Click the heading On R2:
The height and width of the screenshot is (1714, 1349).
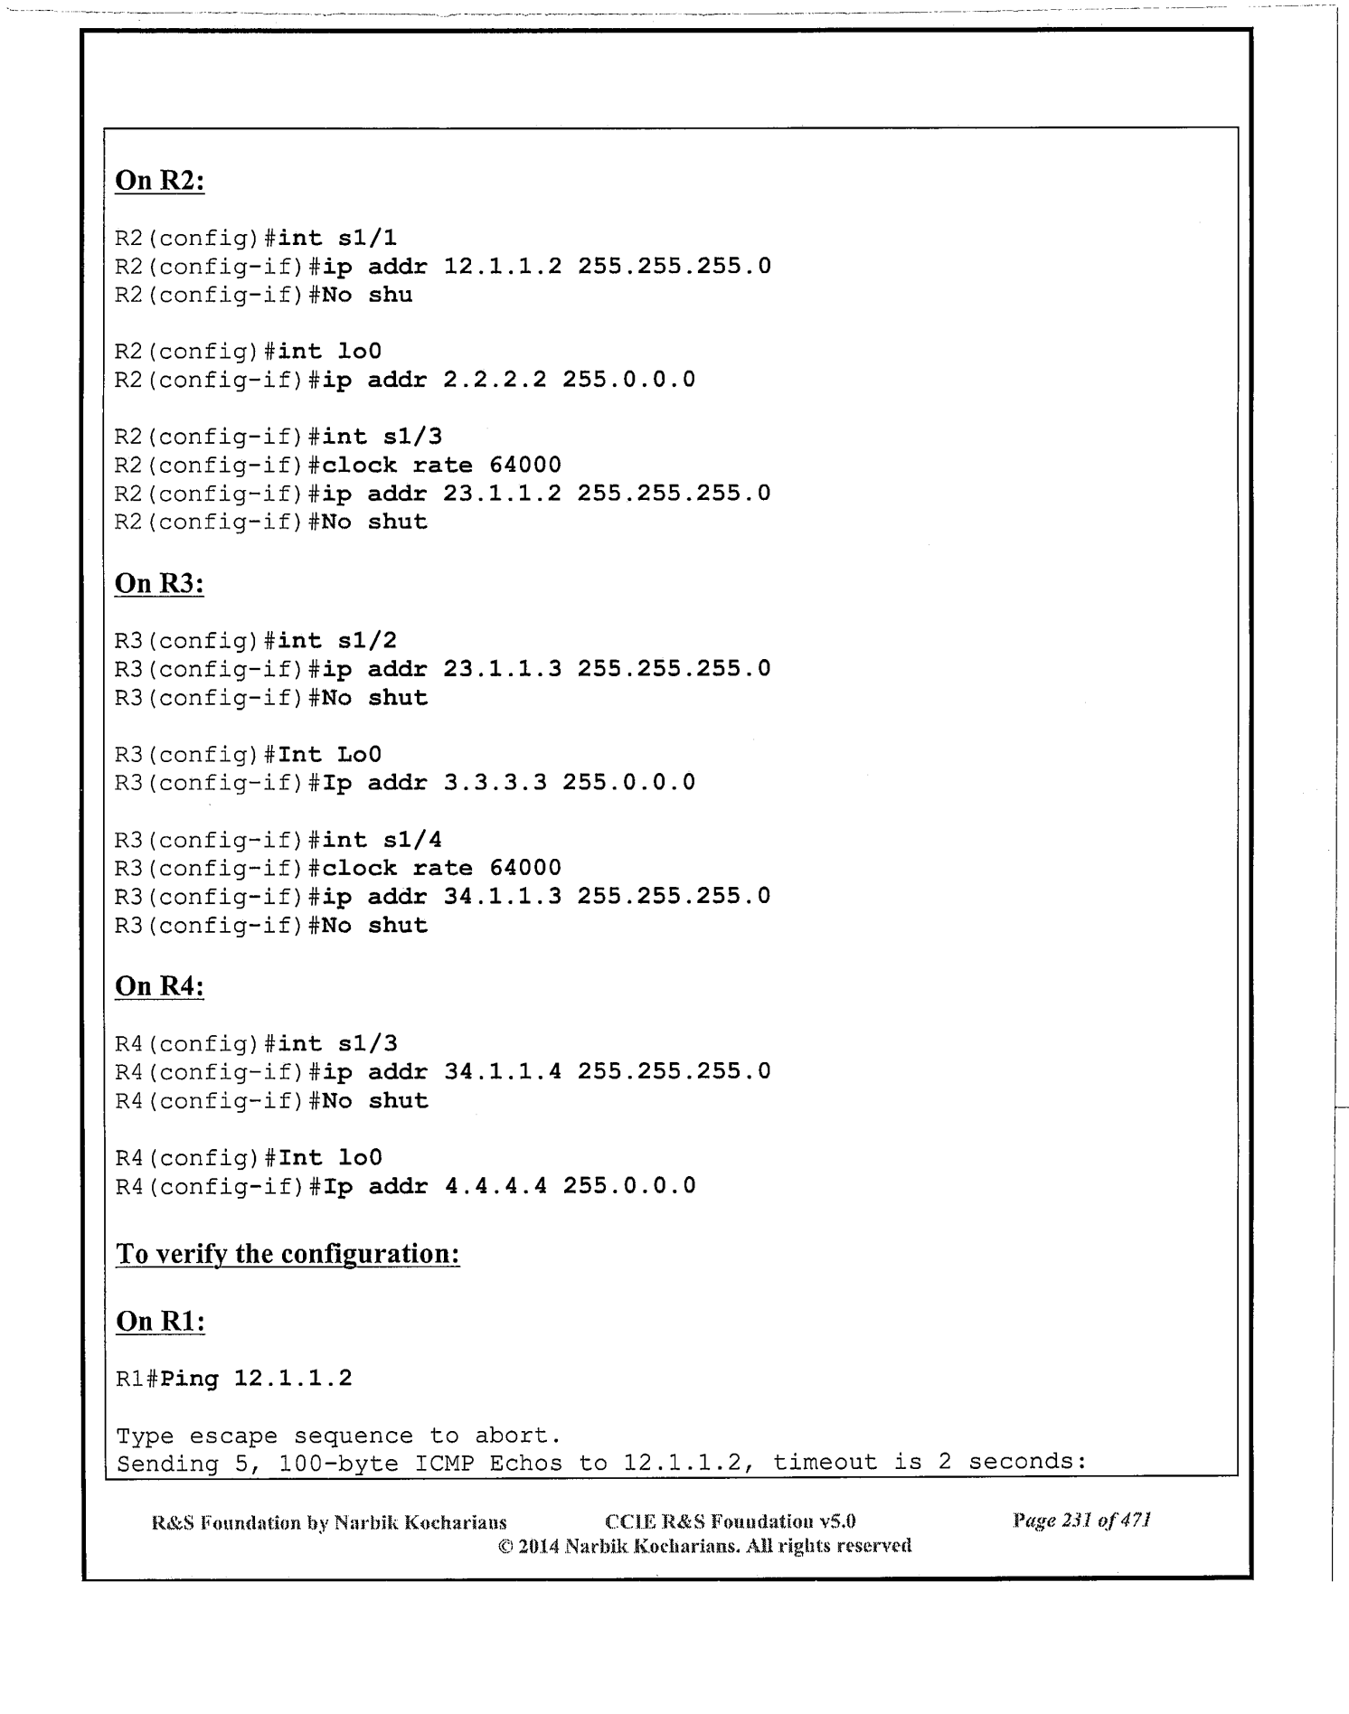(x=159, y=181)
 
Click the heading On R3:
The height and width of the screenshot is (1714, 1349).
(x=159, y=584)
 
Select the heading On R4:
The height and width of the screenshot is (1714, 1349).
(x=159, y=986)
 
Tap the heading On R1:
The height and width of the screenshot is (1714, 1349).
(x=160, y=1322)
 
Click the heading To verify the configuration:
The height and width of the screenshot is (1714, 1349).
(x=288, y=1255)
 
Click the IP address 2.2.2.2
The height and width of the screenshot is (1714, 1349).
(x=495, y=380)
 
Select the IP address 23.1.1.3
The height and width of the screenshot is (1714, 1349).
(x=502, y=669)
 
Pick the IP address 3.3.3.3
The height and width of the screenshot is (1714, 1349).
(x=495, y=783)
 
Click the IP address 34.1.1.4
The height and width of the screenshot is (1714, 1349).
(x=502, y=1072)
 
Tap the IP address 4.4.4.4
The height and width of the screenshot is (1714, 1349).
(x=495, y=1186)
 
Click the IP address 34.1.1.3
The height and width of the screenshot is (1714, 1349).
(x=502, y=897)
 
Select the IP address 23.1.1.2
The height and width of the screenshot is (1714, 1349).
(x=502, y=494)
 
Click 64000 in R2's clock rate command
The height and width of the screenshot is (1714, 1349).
(x=525, y=466)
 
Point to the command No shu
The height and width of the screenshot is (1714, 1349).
(x=367, y=295)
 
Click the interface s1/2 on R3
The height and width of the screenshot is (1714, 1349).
(x=367, y=641)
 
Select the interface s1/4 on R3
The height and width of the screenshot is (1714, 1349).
(x=412, y=841)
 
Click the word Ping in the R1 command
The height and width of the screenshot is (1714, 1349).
(x=189, y=1379)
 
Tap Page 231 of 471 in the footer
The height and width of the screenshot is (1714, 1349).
(x=1081, y=1521)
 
